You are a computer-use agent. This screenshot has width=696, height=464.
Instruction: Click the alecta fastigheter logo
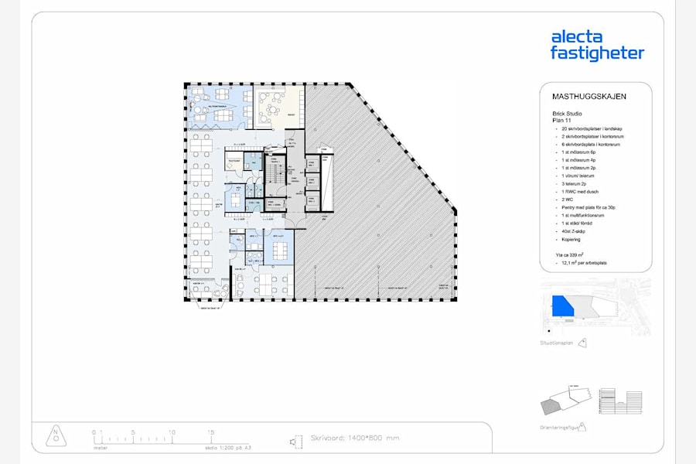(596, 45)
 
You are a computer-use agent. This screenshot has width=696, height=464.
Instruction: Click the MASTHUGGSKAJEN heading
(589, 97)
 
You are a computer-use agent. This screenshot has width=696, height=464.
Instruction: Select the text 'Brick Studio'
(568, 114)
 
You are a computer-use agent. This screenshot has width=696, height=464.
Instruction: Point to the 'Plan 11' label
(561, 121)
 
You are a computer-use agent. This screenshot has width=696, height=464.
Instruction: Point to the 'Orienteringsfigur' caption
(559, 426)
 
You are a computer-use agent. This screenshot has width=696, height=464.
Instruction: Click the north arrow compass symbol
(55, 436)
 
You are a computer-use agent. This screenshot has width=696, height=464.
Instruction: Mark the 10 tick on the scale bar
(172, 432)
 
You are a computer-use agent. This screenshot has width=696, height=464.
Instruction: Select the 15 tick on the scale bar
(210, 432)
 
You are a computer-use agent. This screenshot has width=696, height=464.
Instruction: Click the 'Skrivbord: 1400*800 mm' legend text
(354, 438)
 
